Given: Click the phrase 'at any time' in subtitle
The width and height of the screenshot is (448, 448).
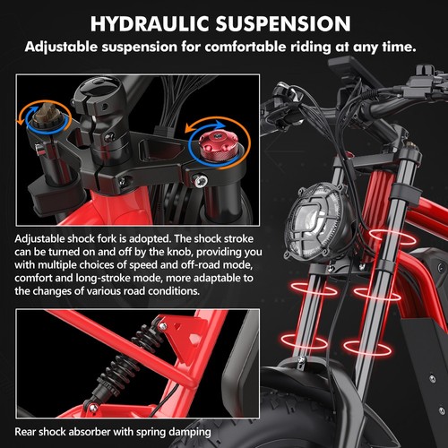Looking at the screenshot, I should [x=385, y=46].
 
